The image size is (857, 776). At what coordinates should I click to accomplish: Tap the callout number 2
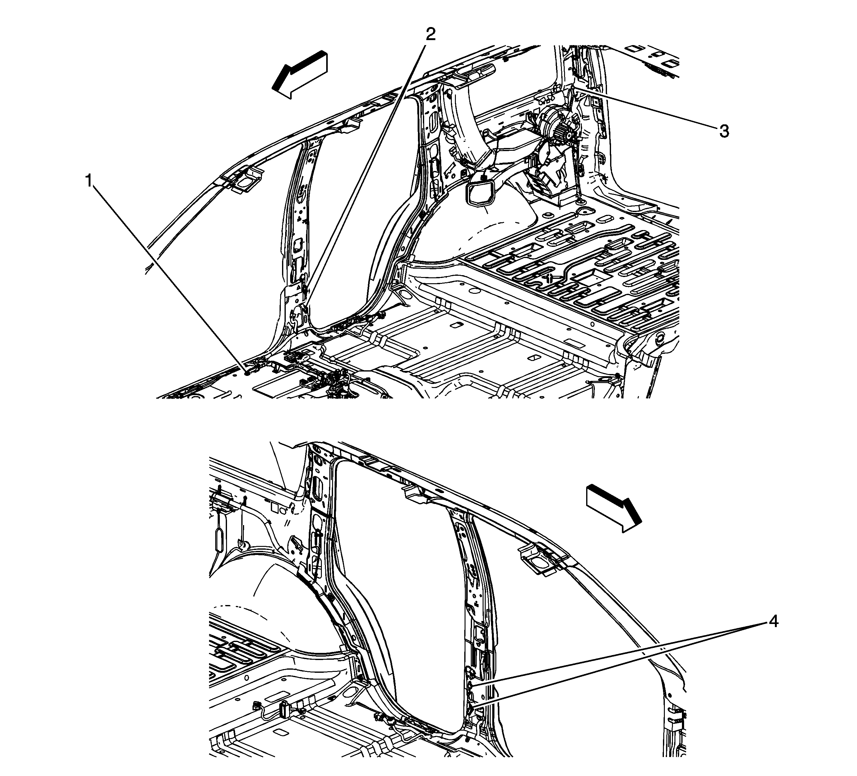[431, 34]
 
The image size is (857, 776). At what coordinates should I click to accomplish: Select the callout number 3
[724, 131]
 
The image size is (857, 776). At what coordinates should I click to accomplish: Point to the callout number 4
[773, 622]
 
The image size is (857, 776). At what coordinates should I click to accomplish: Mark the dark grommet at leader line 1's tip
[247, 373]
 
